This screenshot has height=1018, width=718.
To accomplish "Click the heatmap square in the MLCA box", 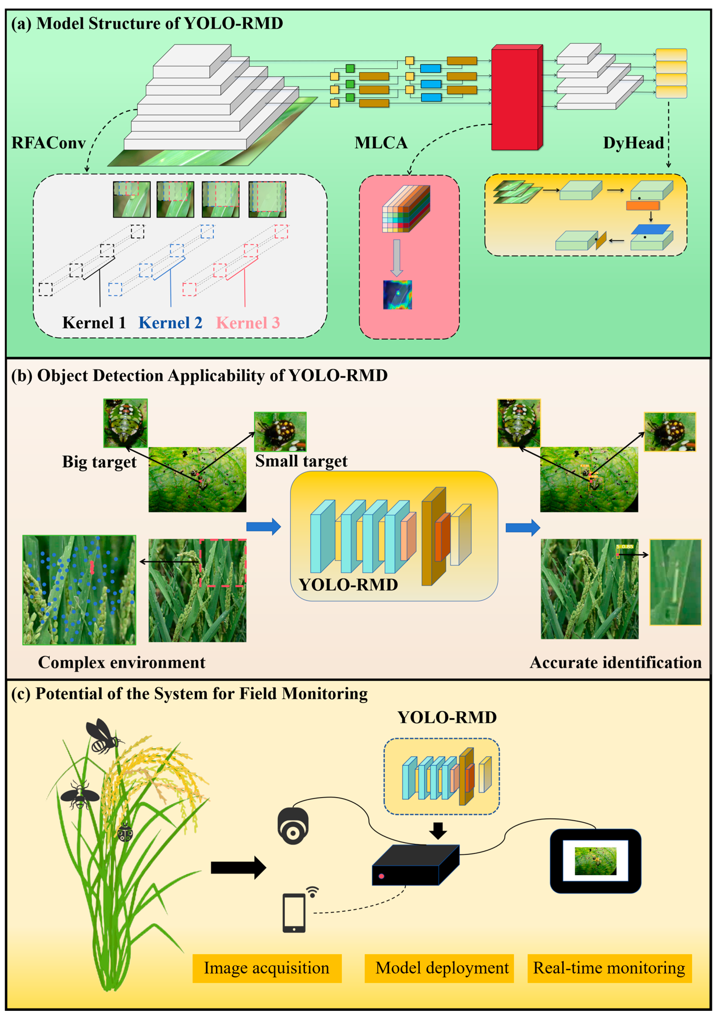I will pos(397,295).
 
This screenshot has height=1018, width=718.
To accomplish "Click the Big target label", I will pos(99,462).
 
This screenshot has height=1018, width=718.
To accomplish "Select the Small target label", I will pos(301,461).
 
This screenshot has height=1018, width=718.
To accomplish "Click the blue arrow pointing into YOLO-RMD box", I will pos(264,527).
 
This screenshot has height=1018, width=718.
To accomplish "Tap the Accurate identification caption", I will pos(616,663).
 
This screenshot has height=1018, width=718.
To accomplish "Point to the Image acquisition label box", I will pos(267,968).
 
